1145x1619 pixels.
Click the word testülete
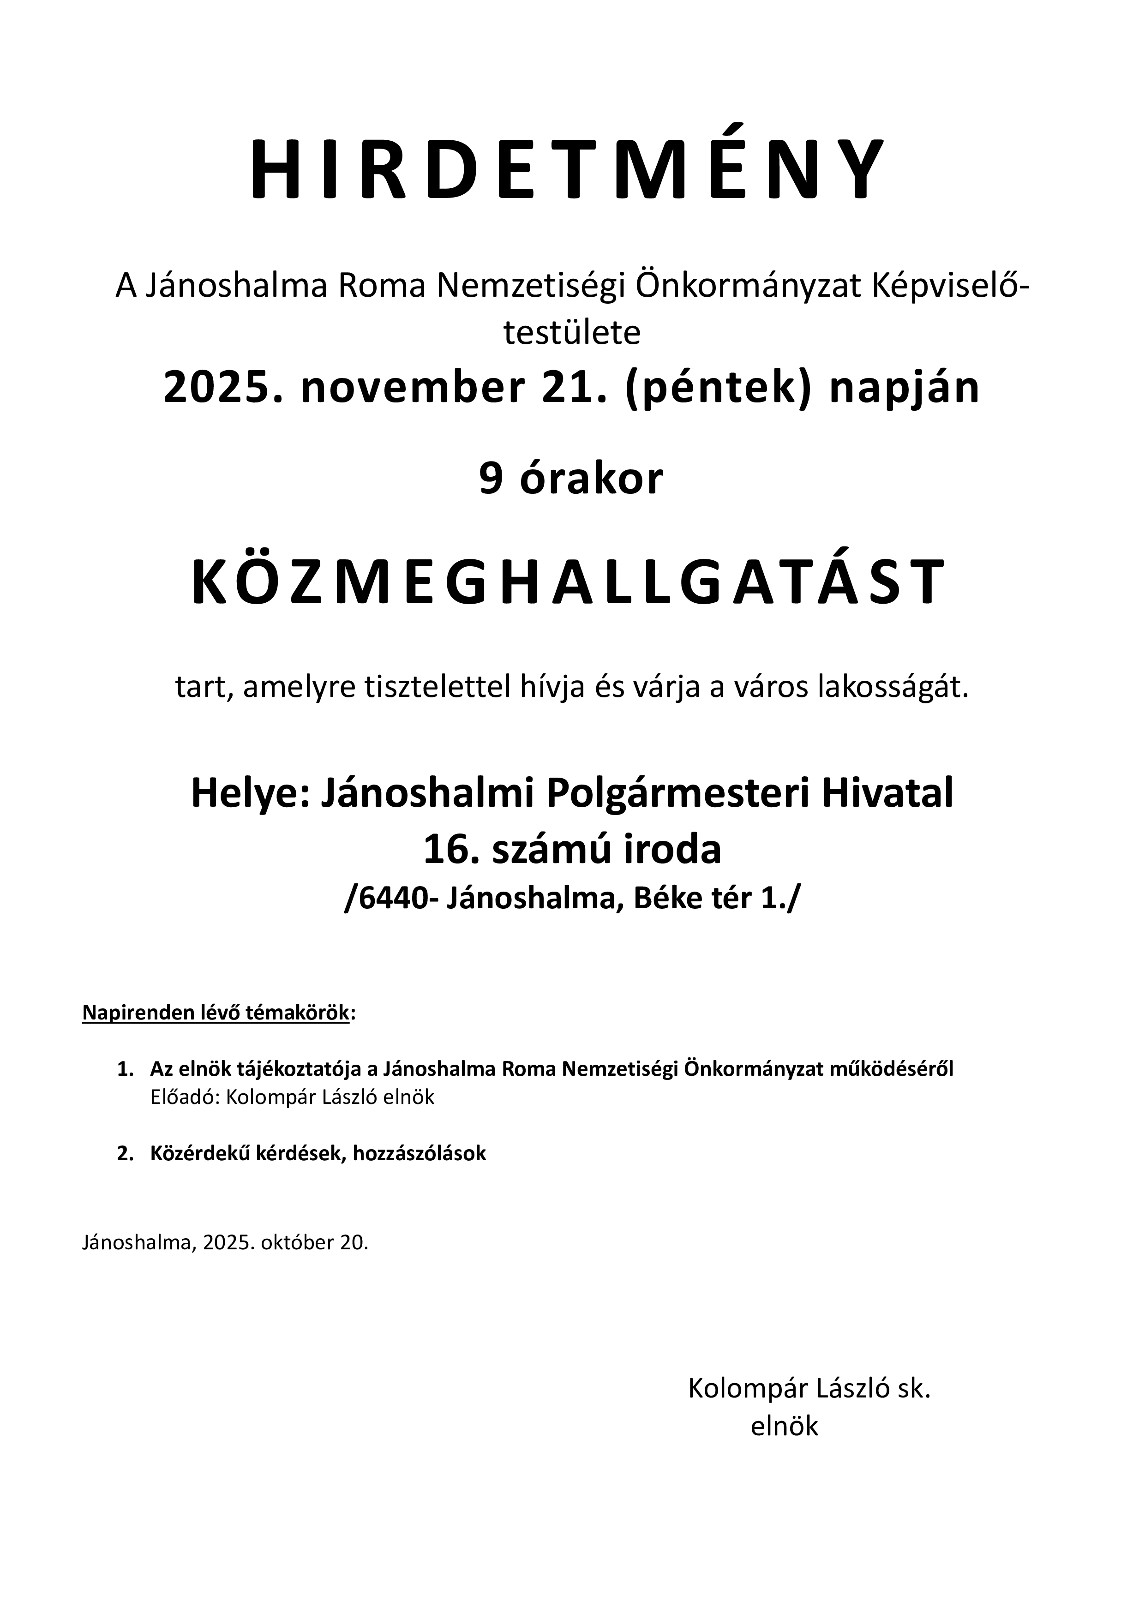pos(572,334)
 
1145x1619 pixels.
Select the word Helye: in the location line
pos(250,793)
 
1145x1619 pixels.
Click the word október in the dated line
pos(296,1242)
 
